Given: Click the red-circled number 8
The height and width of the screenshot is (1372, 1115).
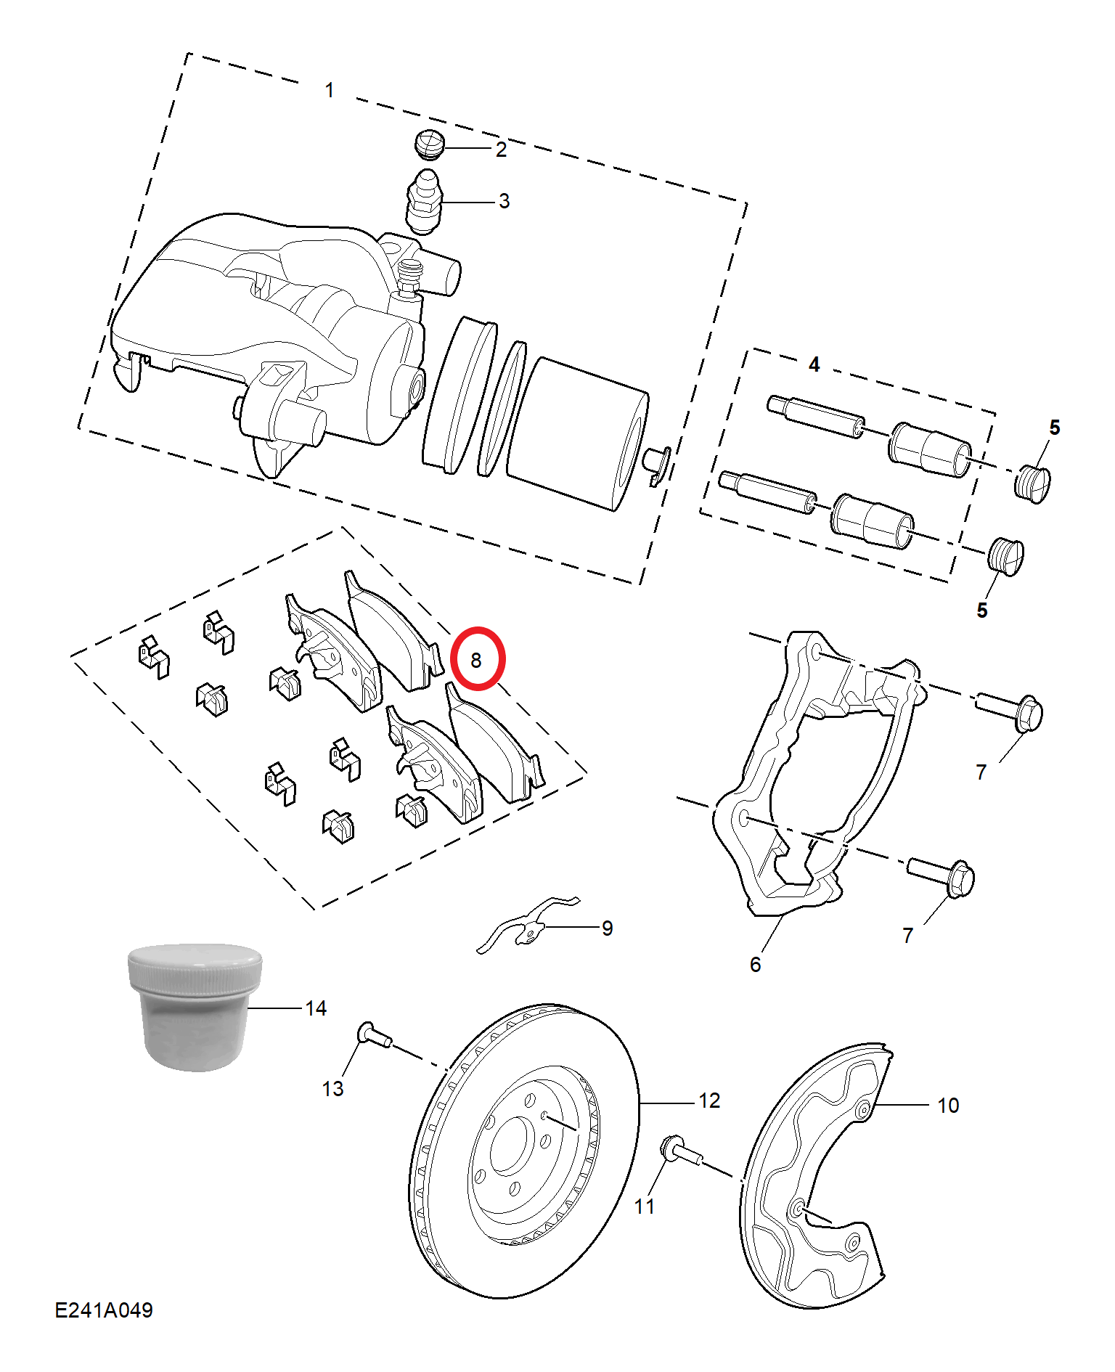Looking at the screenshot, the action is tap(476, 660).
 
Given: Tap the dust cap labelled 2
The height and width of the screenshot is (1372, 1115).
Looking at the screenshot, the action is tap(430, 144).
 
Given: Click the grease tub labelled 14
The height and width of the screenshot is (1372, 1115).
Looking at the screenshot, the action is tap(195, 1006).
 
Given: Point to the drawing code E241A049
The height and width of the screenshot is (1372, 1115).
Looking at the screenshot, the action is tap(104, 1310).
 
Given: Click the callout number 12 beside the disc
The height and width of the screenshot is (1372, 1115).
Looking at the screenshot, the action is tap(709, 1101).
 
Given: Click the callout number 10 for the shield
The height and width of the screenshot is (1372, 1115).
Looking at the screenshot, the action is tap(948, 1106).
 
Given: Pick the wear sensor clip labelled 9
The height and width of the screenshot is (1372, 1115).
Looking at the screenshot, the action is tap(528, 923).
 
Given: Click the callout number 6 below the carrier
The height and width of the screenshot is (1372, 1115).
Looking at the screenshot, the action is tap(756, 964).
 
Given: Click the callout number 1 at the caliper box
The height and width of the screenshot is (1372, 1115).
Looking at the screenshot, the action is tap(330, 90).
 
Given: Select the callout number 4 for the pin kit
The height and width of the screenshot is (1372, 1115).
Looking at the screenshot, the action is tap(814, 364).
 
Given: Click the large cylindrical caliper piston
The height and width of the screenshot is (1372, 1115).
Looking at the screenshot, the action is tap(577, 433).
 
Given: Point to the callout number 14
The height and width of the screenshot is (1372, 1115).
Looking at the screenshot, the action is tap(316, 1008).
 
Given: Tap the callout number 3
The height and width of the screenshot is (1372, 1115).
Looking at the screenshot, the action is tap(504, 201).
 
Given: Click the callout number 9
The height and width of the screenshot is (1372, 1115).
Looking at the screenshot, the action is tap(608, 928).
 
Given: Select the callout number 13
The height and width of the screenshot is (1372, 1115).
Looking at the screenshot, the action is tap(332, 1089).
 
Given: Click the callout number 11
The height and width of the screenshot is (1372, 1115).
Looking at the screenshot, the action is tap(645, 1206).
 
